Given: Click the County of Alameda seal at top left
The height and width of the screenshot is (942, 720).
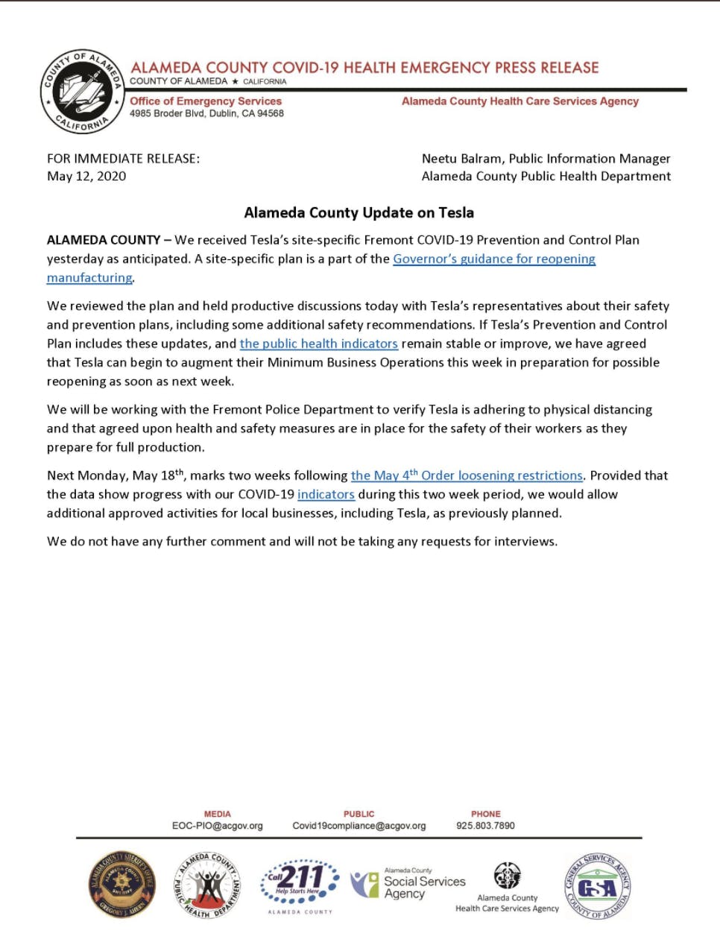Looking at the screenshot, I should point(81,92).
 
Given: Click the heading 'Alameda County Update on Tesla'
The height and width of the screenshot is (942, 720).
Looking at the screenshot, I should point(359,212).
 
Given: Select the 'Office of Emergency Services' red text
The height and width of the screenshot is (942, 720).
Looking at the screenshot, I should point(206,101).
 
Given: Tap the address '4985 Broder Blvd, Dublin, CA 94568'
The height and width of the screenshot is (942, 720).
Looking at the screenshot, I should point(206,113).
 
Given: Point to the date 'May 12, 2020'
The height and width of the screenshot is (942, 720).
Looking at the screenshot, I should point(86,176).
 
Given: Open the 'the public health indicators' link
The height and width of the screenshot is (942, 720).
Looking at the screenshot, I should point(318,344).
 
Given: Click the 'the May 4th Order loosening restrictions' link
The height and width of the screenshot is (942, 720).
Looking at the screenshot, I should point(467,475).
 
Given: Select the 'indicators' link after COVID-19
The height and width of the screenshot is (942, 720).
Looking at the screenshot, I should point(326,494).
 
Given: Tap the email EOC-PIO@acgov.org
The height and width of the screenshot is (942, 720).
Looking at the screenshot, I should point(217,826).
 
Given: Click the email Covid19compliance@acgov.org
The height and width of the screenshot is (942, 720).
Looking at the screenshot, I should point(359,826).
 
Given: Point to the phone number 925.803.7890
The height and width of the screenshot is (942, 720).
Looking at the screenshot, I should point(485,826).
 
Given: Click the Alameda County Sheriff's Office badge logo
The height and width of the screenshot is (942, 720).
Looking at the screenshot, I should point(122,885).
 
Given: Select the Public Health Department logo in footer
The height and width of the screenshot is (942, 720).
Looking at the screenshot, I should point(208,885).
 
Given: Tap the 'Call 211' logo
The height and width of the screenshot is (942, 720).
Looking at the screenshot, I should point(300,885).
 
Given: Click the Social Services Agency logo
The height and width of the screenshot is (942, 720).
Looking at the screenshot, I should point(408,884).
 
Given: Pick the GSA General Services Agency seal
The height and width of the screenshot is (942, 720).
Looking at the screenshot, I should point(598,887).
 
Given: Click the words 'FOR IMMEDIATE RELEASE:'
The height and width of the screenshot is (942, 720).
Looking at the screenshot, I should point(123,158).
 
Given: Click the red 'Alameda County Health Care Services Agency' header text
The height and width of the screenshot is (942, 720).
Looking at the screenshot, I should point(520,101).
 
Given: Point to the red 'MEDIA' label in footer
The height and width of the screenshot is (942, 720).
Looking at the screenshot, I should point(217,814).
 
